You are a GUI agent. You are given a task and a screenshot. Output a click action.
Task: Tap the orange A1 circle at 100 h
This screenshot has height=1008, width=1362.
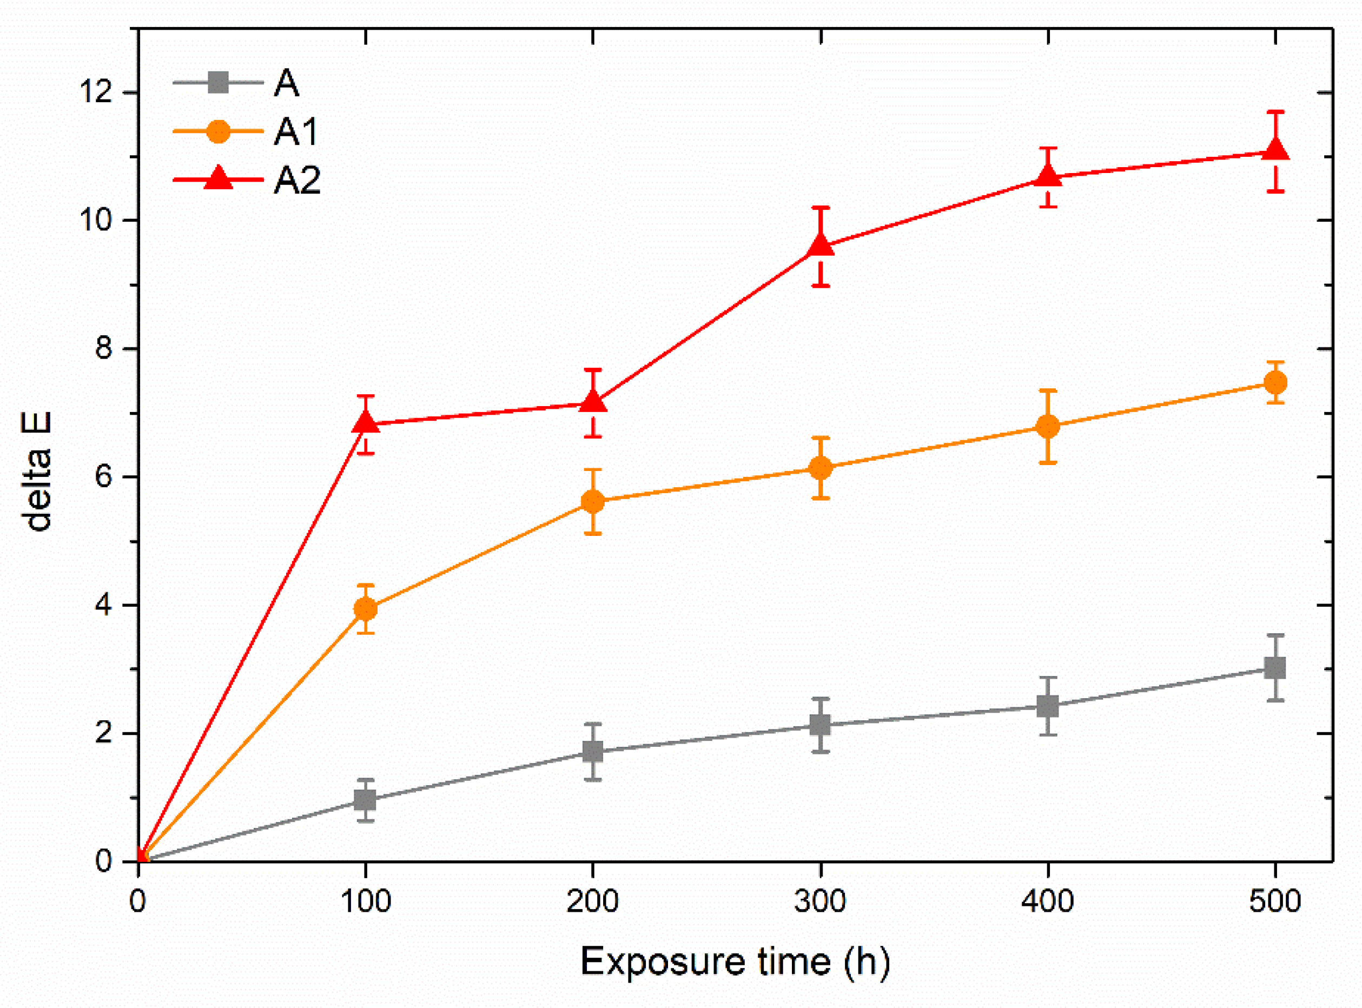coord(366,608)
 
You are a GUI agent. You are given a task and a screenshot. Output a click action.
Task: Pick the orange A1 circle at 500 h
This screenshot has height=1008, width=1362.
coord(1275,382)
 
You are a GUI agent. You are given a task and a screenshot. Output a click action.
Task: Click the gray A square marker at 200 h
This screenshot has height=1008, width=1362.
coord(592,751)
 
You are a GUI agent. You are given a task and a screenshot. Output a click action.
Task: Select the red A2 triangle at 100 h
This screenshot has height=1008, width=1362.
coord(366,422)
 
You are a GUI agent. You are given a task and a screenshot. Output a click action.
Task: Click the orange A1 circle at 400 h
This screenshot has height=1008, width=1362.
coord(1048,426)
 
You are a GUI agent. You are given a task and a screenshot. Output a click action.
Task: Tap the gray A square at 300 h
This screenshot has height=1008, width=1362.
coord(821,724)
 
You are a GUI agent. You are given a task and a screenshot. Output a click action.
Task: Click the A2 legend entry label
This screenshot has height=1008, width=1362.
coord(297,181)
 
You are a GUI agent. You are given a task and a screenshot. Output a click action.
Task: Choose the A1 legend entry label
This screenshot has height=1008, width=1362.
coord(296,132)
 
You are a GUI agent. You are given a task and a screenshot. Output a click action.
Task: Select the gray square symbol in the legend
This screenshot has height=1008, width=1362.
coord(219,82)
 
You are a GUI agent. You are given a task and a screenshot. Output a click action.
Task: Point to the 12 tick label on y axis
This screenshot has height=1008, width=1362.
coord(96,92)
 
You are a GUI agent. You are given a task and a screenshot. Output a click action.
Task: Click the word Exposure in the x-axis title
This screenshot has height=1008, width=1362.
coord(663,962)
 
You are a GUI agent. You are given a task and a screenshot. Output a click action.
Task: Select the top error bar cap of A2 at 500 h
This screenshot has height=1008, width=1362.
coord(1275,111)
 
